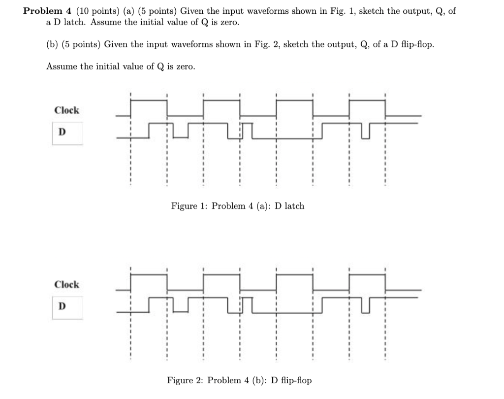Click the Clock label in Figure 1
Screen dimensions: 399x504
(66, 110)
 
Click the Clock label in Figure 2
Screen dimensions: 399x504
(66, 285)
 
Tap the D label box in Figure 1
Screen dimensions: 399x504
(62, 132)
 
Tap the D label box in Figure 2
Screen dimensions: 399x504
(62, 306)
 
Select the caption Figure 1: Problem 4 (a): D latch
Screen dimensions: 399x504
(237, 206)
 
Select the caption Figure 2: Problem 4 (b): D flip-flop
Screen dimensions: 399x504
(239, 380)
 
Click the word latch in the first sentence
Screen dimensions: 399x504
(72, 23)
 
